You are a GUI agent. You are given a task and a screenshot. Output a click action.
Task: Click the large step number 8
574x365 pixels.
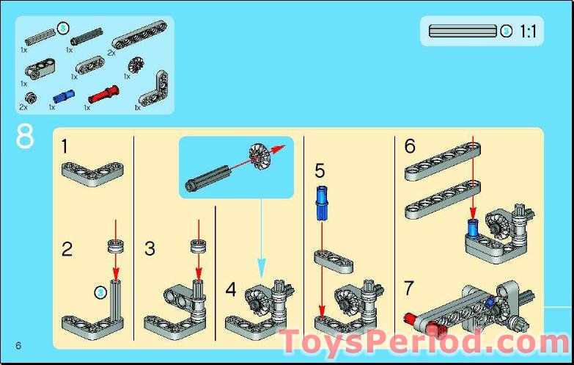click(x=24, y=137)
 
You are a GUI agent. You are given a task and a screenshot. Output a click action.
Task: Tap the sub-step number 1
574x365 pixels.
click(x=65, y=147)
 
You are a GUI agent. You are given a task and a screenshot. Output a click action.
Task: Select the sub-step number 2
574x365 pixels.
click(x=67, y=250)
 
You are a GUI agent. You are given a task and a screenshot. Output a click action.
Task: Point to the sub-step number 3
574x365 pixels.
click(x=150, y=250)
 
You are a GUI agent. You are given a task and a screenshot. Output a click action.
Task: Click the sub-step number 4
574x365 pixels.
click(x=231, y=289)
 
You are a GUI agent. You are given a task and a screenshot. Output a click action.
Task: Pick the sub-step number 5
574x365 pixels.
click(x=319, y=171)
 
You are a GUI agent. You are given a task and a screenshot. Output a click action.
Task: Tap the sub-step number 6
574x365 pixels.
click(x=410, y=146)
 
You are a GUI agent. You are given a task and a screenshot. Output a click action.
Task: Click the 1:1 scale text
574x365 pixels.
click(x=528, y=32)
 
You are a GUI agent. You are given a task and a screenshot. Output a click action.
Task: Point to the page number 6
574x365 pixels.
click(x=17, y=346)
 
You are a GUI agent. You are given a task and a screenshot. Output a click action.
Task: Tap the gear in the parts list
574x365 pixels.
click(x=134, y=65)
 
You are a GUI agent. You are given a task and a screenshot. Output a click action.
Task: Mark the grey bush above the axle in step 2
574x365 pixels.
click(x=114, y=245)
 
